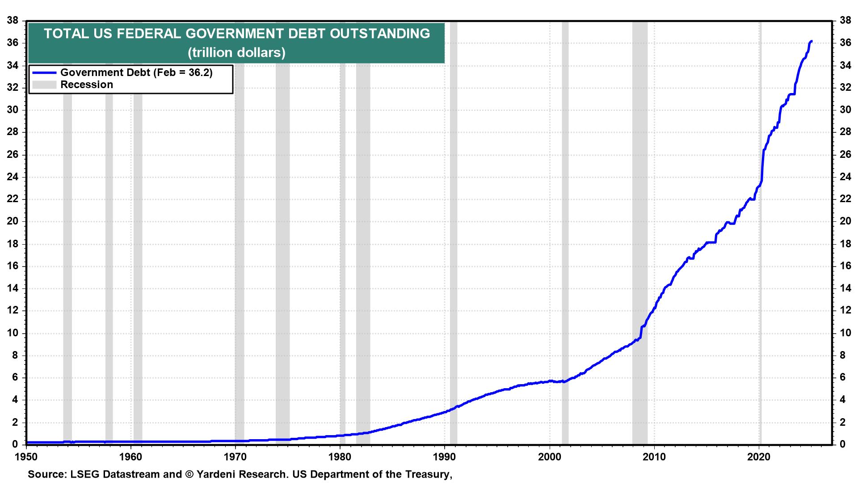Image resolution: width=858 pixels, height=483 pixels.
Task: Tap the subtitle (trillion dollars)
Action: coord(236,52)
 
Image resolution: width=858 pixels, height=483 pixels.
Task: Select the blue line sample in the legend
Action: coord(43,72)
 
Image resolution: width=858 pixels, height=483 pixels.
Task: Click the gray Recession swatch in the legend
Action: coord(43,85)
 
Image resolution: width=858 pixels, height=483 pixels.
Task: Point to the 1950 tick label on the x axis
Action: coord(26,457)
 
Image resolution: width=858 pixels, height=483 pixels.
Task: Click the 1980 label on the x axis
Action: coord(340,457)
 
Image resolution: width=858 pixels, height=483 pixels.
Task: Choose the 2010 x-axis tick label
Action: coord(654,457)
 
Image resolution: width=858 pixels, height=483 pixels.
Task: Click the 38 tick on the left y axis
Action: coord(13,21)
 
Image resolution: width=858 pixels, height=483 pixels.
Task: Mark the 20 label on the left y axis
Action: coord(13,222)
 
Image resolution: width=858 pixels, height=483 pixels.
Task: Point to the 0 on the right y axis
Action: coord(843,445)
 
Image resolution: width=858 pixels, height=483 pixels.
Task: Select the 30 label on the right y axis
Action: coord(845,110)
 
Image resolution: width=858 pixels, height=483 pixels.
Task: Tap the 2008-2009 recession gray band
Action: coord(640,224)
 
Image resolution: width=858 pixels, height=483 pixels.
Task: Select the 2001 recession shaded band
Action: coord(565,224)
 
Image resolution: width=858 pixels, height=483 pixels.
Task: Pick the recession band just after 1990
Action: coord(454,224)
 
